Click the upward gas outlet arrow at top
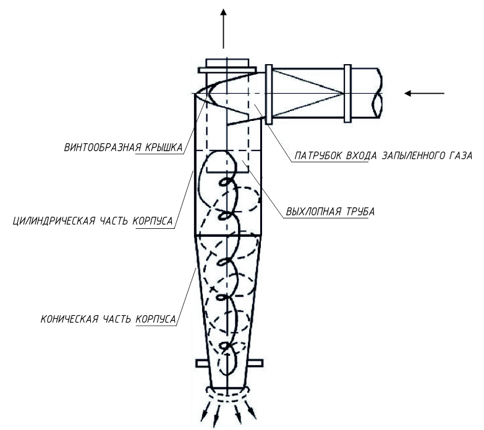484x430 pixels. click(x=224, y=28)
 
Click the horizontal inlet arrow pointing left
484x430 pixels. click(x=424, y=93)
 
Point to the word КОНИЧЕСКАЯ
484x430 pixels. click(x=69, y=319)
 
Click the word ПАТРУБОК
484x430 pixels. click(x=318, y=156)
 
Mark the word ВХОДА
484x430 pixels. click(x=362, y=156)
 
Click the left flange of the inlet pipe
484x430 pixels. click(x=269, y=94)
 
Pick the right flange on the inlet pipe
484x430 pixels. click(x=347, y=93)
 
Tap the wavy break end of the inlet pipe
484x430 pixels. click(x=378, y=93)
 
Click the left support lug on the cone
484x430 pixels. click(x=202, y=363)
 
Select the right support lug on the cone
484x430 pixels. click(x=256, y=363)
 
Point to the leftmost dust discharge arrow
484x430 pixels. click(x=206, y=411)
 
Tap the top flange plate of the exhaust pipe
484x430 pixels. click(x=227, y=70)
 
